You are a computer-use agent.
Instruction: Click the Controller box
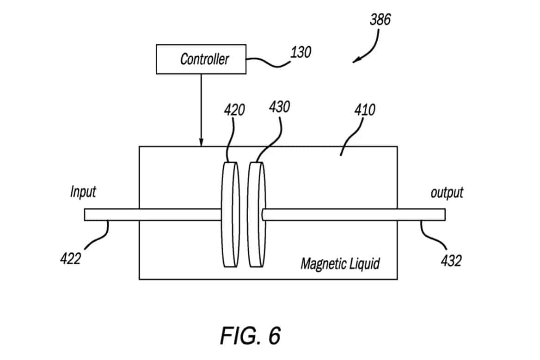(201, 59)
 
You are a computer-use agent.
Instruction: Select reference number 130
(300, 52)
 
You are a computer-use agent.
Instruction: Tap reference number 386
(380, 19)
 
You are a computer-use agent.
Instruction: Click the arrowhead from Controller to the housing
(201, 143)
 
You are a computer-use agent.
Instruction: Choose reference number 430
(279, 107)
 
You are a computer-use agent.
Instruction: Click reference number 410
(365, 110)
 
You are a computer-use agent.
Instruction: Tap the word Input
(83, 192)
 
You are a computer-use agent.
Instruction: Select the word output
(447, 192)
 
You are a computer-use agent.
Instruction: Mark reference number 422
(70, 259)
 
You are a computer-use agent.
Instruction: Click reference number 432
(451, 261)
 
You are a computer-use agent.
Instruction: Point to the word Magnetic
(322, 264)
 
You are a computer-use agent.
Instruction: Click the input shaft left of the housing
(111, 214)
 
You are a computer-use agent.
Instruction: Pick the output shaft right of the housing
(421, 214)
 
